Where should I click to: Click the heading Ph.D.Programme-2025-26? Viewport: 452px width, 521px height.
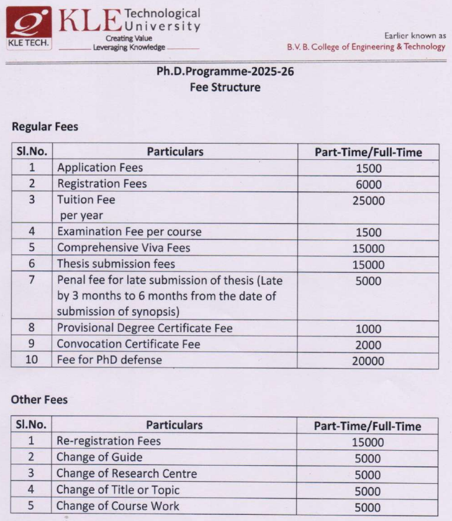point(225,71)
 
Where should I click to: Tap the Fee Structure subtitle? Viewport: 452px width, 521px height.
point(225,87)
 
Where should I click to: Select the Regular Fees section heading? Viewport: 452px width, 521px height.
point(45,127)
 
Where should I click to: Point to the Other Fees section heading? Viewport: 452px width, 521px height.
point(39,400)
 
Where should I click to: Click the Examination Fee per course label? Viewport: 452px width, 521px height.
point(129,232)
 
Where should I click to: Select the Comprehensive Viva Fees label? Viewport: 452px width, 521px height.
point(124,248)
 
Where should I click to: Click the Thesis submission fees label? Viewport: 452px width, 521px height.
point(116,264)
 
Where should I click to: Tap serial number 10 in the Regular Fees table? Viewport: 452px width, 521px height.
point(31,360)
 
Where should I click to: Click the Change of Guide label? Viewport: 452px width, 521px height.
point(99,458)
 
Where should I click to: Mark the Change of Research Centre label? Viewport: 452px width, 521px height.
point(127,474)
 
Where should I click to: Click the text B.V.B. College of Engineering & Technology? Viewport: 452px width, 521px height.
point(366,47)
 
